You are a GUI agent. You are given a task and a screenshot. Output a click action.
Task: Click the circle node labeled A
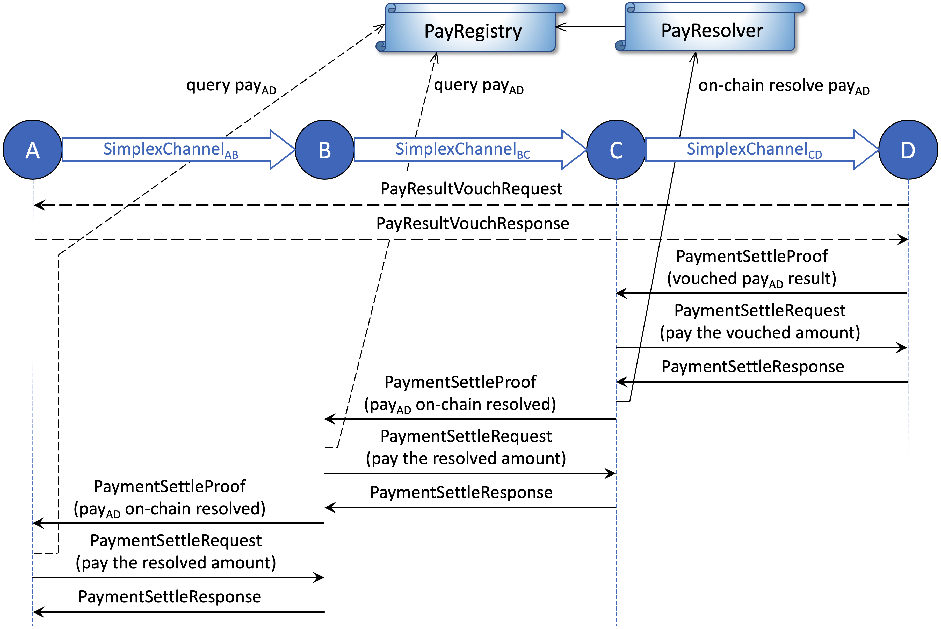pos(33,150)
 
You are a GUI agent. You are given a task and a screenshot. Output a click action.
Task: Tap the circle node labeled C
pos(616,150)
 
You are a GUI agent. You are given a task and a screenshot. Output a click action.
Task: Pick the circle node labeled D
pos(908,150)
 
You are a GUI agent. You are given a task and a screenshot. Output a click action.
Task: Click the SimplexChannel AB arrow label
pos(171,150)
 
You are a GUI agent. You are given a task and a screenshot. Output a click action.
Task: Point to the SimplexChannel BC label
pos(462,150)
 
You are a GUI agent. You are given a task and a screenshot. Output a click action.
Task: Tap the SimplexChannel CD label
pos(754,150)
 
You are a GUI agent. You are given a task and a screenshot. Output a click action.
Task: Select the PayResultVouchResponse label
pos(472,223)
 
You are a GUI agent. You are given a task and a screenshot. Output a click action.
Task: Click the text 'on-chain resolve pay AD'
pos(783,86)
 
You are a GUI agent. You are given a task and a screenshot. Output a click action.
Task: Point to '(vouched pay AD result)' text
pos(751,279)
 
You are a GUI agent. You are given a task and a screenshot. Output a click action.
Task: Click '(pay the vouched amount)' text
pos(760,333)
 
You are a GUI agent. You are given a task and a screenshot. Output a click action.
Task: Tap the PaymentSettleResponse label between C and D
pos(752,367)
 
